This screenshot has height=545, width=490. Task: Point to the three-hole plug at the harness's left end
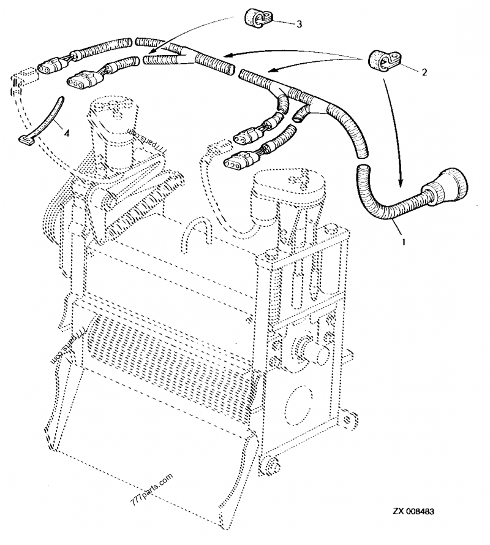[x=85, y=80]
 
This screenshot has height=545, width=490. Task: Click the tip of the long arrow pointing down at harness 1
[x=401, y=183]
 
